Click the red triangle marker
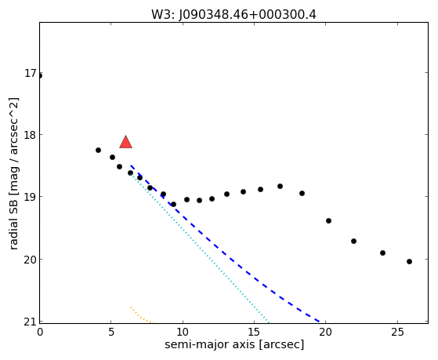point(125,142)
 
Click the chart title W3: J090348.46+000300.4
point(233,15)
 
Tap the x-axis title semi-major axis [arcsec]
point(234,344)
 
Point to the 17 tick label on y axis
point(31,73)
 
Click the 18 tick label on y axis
point(31,135)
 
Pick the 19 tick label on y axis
point(31,197)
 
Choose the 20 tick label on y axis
point(31,260)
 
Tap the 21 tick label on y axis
point(31,322)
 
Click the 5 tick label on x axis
point(111,332)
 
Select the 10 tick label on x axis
point(183,332)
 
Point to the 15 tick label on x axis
point(254,332)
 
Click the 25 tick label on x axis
point(397,332)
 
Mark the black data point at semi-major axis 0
point(40,75)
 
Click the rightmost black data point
point(409,261)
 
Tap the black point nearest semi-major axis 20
point(328,220)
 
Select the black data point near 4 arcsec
point(98,151)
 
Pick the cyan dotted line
point(198,247)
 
